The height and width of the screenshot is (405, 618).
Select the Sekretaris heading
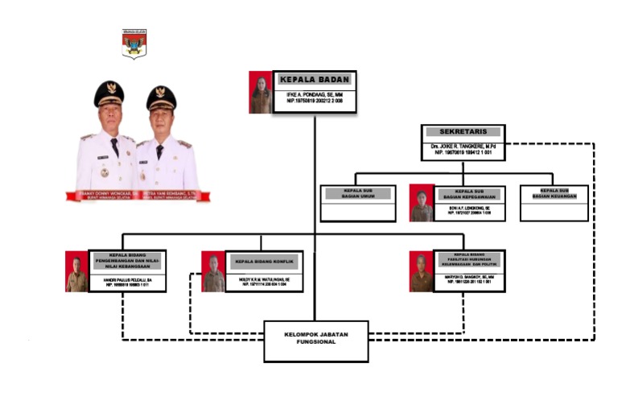[463, 132]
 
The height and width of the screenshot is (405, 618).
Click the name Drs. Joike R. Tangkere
[463, 146]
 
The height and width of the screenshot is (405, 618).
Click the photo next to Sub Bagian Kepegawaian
[422, 203]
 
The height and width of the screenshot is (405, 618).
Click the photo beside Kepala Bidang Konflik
[214, 271]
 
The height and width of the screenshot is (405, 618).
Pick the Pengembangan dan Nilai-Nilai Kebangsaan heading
[126, 261]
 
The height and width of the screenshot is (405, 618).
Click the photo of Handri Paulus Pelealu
[76, 271]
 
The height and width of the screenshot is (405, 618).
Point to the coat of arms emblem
[134, 44]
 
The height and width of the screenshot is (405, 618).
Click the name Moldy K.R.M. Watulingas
[265, 279]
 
